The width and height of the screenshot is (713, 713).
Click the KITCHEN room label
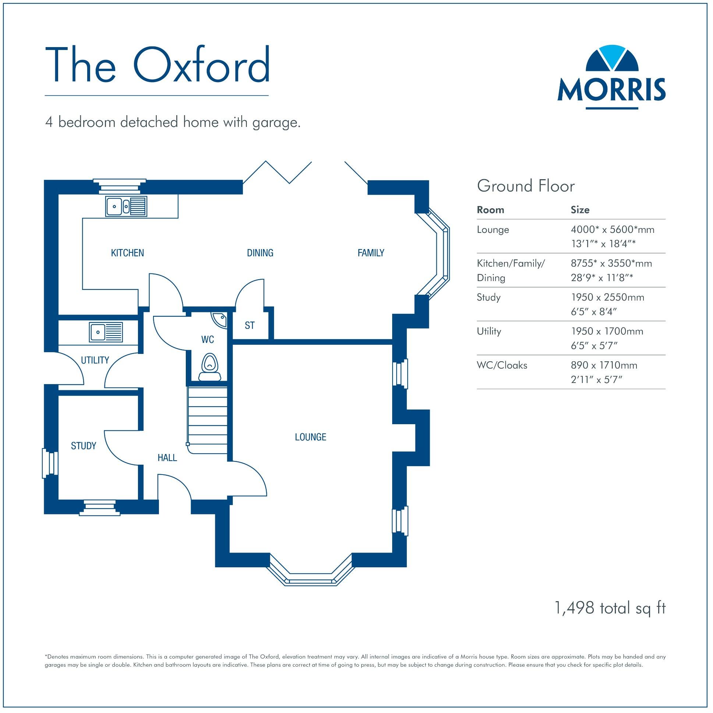[x=127, y=253]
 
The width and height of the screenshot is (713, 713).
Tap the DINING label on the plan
[x=260, y=253]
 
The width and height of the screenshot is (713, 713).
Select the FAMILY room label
[x=371, y=253]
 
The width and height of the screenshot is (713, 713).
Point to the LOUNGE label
[x=311, y=437]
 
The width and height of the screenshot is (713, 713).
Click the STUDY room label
[x=84, y=446]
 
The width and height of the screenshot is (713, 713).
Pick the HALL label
[x=167, y=458]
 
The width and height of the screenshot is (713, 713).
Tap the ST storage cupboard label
[x=249, y=326]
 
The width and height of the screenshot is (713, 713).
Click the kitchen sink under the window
[x=126, y=206]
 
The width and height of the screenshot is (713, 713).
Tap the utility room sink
[x=106, y=332]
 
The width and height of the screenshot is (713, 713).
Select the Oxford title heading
[x=157, y=65]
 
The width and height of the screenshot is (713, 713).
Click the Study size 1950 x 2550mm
[x=607, y=298]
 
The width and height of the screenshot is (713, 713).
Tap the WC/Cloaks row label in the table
[x=502, y=365]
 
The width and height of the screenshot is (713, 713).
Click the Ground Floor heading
[x=525, y=187]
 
